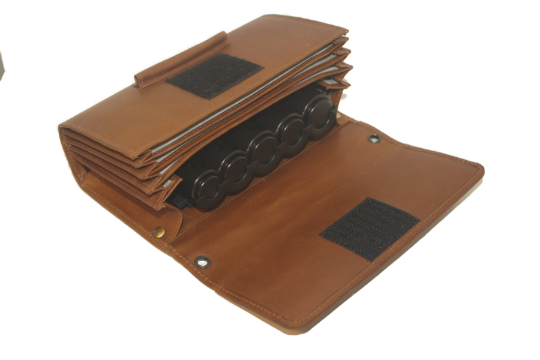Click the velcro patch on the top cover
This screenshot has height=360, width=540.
(x=214, y=75)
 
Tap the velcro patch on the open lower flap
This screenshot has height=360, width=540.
(x=370, y=229)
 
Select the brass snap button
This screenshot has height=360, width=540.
(x=158, y=232)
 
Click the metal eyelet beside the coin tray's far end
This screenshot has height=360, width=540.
(x=373, y=139)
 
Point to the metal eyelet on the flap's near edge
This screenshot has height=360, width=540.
(x=201, y=261)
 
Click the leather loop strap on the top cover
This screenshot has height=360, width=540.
(x=181, y=58)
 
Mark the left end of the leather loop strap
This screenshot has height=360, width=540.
(x=140, y=80)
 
